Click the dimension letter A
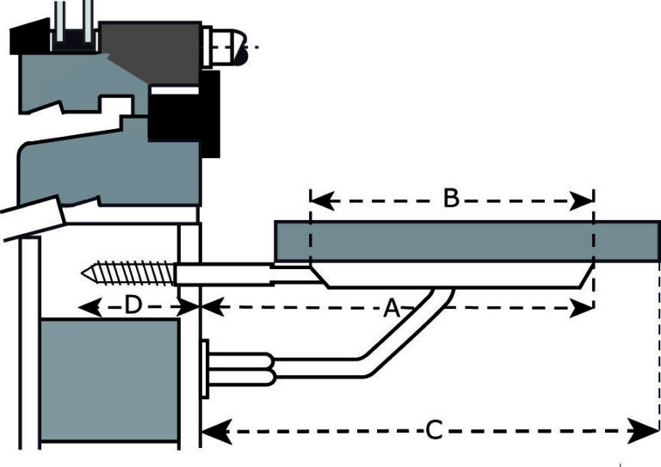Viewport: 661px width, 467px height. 392,308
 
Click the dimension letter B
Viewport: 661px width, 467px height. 450,199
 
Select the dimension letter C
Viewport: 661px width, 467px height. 435,430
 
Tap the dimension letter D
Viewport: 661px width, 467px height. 132,304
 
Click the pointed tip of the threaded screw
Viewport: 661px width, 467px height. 83,274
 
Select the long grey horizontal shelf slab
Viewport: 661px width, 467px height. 465,241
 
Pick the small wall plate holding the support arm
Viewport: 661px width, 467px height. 205,369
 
